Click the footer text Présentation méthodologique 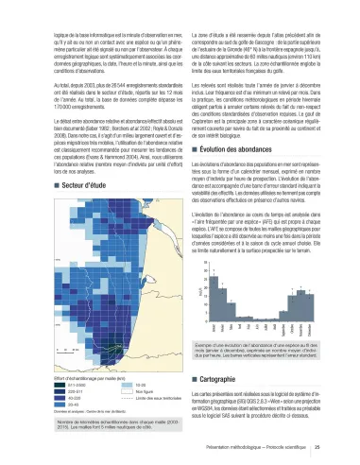[x=273, y=447]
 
